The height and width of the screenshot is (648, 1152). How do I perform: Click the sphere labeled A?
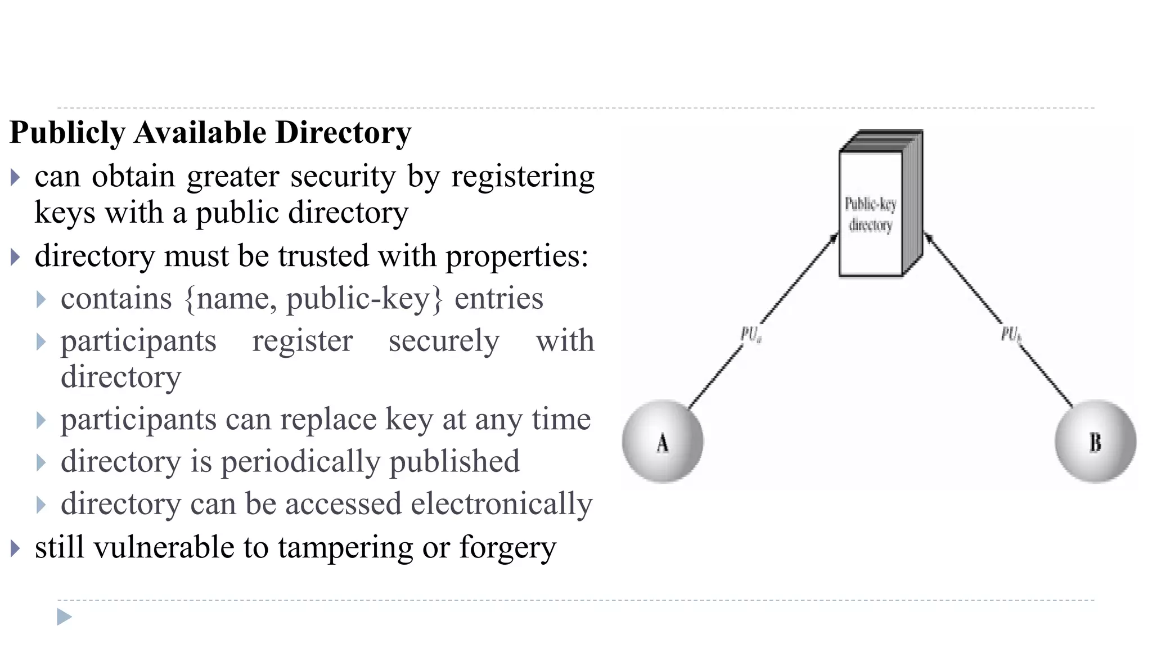pos(663,442)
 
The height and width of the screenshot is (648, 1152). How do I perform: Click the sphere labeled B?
pos(1095,442)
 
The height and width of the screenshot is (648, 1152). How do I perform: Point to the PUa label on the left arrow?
pos(751,335)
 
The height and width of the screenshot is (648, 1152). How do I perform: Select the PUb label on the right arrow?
pos(1011,335)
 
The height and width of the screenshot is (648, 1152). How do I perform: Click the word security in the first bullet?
pos(343,177)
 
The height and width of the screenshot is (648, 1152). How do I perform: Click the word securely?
pos(444,341)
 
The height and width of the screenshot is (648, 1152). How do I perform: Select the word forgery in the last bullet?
pos(507,548)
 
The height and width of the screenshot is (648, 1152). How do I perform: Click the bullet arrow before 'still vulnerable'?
pos(15,548)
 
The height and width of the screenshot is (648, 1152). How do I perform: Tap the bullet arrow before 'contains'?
pos(41,299)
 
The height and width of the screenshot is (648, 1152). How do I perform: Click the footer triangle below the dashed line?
pos(64,617)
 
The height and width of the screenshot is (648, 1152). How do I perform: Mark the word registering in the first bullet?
pos(523,177)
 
